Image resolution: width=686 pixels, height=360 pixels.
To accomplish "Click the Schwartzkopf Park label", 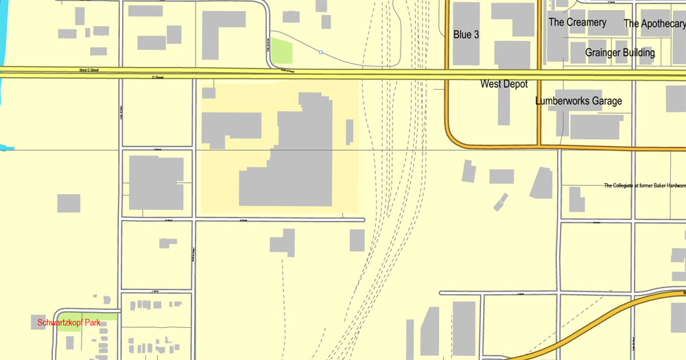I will pyautogui.click(x=69, y=322).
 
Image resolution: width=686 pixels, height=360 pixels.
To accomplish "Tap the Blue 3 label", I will pyautogui.click(x=466, y=34).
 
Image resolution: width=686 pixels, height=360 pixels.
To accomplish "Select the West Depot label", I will pyautogui.click(x=504, y=84).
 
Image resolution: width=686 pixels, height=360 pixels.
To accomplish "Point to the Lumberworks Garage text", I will pyautogui.click(x=578, y=101).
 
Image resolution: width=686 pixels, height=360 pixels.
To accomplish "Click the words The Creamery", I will pyautogui.click(x=577, y=22).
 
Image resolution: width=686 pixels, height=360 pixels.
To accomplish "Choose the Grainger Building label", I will pyautogui.click(x=619, y=52).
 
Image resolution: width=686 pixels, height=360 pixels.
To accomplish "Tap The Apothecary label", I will pyautogui.click(x=654, y=23).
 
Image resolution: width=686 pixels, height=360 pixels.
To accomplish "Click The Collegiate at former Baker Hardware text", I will pyautogui.click(x=644, y=185).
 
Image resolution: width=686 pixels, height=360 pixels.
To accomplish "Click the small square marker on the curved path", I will pyautogui.click(x=321, y=51).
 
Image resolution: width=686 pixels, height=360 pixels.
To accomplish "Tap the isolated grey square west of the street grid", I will pyautogui.click(x=69, y=203).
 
